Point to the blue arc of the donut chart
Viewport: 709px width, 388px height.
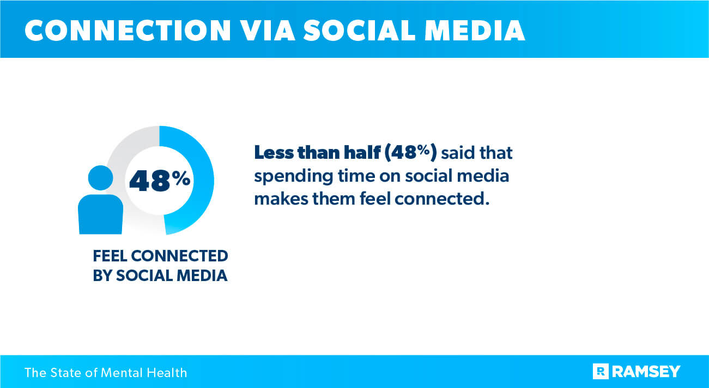(202, 180)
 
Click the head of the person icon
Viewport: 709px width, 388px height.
(100, 178)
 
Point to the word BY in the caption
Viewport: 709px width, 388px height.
(102, 276)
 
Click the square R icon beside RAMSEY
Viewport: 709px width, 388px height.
(601, 372)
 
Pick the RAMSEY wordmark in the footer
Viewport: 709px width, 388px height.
(646, 372)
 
